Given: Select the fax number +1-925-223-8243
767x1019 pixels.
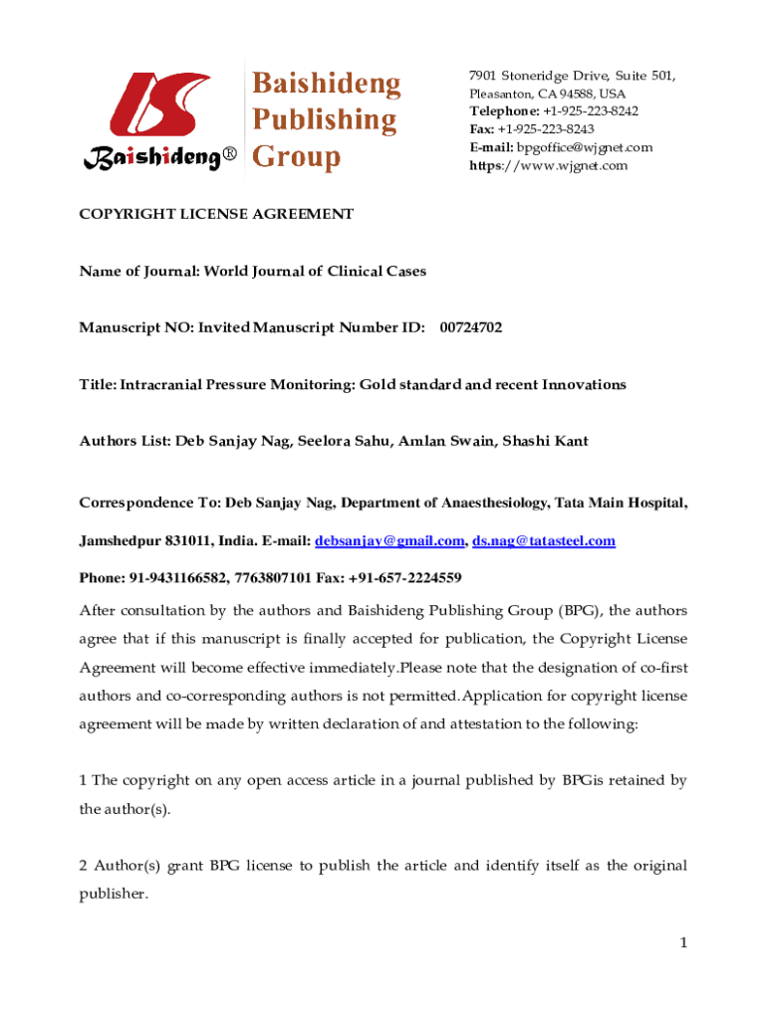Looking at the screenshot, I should coord(546,129).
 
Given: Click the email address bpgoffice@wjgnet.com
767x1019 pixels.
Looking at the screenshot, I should coord(585,147).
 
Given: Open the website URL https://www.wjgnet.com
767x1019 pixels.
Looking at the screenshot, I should coord(549,165).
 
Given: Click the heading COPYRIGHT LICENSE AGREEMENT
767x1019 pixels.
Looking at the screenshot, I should coord(216,214).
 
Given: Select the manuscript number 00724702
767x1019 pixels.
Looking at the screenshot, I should coord(471,327).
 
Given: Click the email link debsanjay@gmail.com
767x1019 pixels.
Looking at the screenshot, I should coord(389,541).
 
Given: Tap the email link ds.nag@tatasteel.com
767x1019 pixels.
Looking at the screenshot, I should coord(544,541).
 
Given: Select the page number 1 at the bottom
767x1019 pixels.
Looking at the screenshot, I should coord(683,942).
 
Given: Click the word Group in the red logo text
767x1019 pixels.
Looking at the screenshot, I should coord(296,157).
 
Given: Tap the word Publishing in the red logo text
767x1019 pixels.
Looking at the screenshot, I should coord(323,120).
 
